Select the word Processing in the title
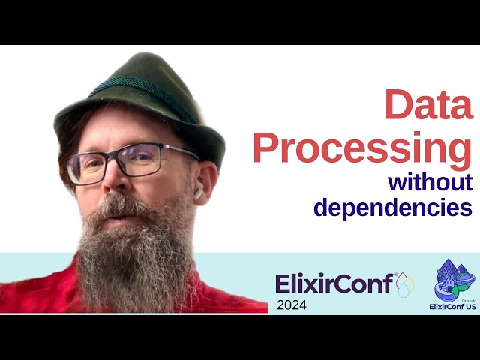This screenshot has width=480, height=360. (x=362, y=148)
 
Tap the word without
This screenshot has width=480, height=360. (x=430, y=182)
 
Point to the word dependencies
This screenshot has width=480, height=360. (x=393, y=207)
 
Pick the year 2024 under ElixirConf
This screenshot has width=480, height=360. (x=291, y=304)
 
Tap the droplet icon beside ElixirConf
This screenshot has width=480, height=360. (x=405, y=283)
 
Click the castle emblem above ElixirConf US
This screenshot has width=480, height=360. (x=453, y=279)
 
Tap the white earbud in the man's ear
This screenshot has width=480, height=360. (x=199, y=193)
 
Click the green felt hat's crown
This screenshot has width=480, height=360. (x=135, y=75)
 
